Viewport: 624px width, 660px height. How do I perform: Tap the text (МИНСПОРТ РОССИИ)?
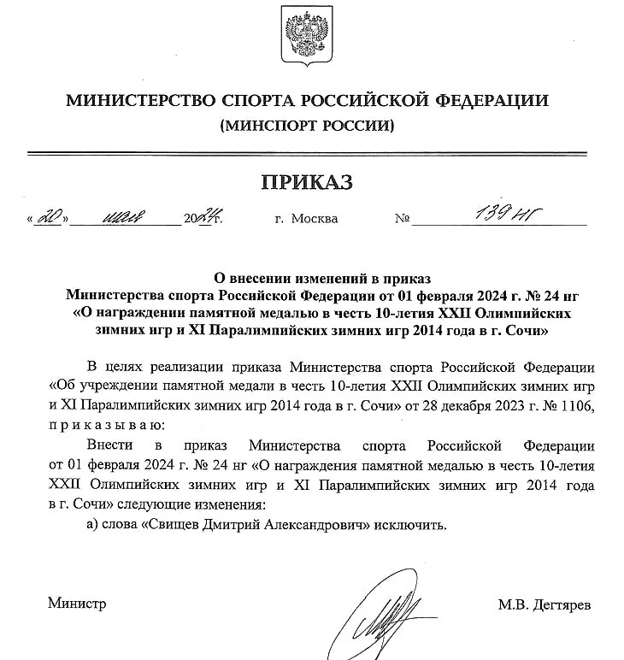308,127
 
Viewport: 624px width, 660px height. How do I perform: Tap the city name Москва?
315,219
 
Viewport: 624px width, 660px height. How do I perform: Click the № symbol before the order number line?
403,219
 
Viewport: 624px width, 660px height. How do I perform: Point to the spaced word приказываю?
104,424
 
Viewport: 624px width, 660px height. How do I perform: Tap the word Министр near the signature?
77,604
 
